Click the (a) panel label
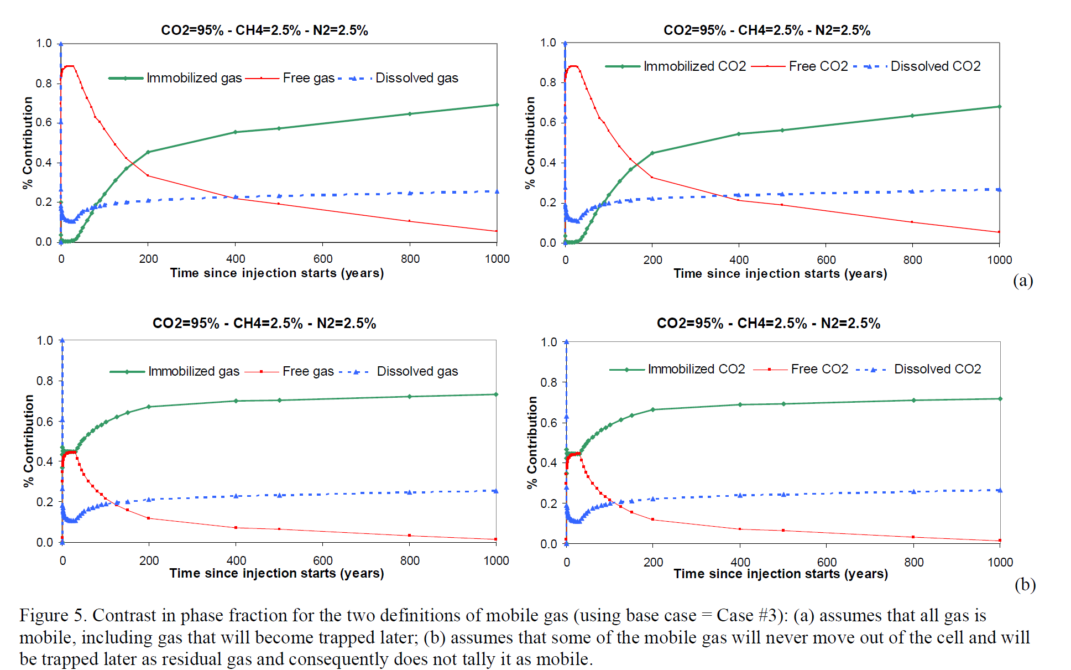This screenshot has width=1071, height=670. coord(1023,281)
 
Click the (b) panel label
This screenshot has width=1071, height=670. coord(1025,584)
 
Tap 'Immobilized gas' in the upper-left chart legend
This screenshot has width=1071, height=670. coord(194,78)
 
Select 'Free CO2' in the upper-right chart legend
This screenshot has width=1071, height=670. coord(818,66)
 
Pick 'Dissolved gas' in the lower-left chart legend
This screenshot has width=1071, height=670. coord(417,371)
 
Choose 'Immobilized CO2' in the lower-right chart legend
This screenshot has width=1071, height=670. coord(696,369)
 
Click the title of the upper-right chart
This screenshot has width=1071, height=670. coord(767,30)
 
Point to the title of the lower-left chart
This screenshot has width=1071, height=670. coord(264,323)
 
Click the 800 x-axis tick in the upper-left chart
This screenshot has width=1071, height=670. coord(410,259)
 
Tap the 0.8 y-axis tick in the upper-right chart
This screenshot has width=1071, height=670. coord(548,82)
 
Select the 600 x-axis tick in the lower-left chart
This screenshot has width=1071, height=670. coord(323,560)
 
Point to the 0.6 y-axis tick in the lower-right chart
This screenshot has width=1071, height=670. coord(548,422)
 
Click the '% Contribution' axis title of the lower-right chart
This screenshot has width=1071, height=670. coord(532,443)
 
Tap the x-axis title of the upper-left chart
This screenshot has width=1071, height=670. coord(277,273)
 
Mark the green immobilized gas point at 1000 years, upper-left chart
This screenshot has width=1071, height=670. coord(497,105)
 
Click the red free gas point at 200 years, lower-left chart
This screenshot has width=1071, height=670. coord(149,518)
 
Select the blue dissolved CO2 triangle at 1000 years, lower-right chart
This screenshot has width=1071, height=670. coord(1000,490)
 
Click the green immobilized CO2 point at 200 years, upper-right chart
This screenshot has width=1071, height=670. coord(652,153)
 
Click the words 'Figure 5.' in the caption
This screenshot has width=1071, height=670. coord(53,616)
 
